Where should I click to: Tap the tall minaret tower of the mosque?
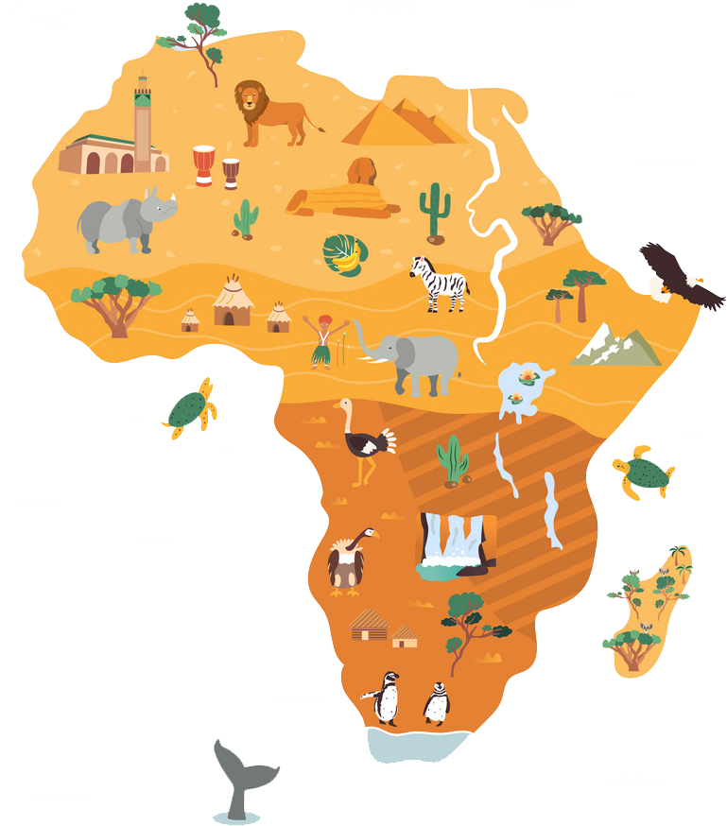click(x=143, y=123)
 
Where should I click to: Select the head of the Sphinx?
click(x=360, y=173)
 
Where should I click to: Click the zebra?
click(x=440, y=282)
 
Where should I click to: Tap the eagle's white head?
click(x=693, y=280)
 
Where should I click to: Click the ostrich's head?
click(x=341, y=404)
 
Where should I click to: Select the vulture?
click(x=347, y=562)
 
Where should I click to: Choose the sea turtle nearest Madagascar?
click(x=643, y=473)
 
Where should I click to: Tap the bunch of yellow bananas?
click(x=349, y=255)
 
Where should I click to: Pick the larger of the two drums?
click(x=203, y=166)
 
